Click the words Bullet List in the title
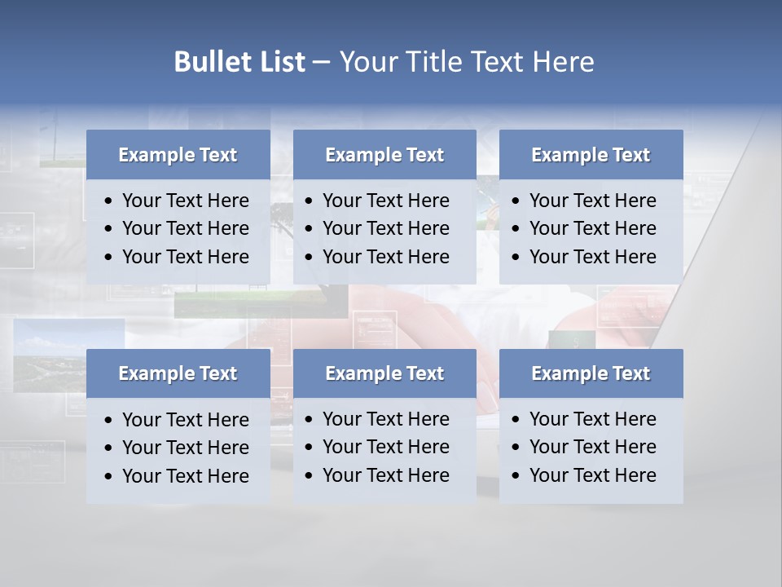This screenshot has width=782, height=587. (239, 62)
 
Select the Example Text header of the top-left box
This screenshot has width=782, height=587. (178, 155)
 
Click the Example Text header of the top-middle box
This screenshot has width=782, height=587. (384, 155)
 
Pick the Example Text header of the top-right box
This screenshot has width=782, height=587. (591, 155)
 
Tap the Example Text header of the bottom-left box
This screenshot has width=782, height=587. (178, 373)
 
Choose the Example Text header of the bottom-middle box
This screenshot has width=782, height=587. (384, 373)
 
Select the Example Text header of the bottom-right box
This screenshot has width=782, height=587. (591, 373)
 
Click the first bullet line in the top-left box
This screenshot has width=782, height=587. (185, 201)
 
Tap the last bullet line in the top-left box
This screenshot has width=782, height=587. (185, 257)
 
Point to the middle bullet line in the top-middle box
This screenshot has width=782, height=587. (385, 228)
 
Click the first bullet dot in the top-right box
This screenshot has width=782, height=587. (516, 201)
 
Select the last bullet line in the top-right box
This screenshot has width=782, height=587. (592, 257)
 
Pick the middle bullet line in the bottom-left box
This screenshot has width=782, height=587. (185, 448)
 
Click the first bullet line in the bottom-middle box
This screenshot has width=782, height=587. (385, 419)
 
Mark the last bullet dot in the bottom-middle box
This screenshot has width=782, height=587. (310, 476)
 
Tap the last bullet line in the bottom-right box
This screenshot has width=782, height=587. (592, 475)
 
